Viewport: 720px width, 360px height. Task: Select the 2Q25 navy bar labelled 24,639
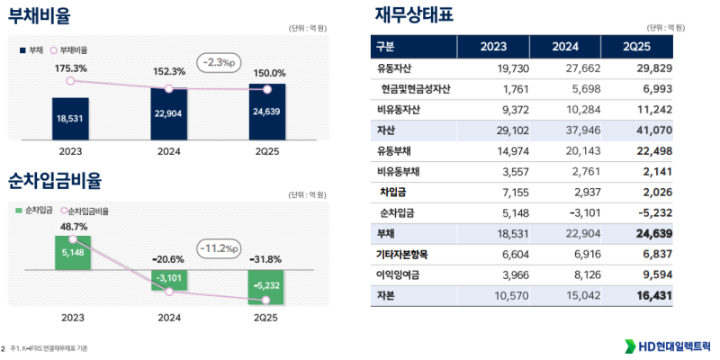coord(266,112)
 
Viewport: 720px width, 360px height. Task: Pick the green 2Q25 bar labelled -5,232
coord(266,286)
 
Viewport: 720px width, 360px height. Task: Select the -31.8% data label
coord(266,258)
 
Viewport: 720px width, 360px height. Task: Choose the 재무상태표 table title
coord(414,15)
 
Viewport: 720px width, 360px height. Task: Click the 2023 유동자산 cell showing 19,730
coord(500,67)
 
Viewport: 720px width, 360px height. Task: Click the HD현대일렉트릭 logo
coord(665,346)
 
